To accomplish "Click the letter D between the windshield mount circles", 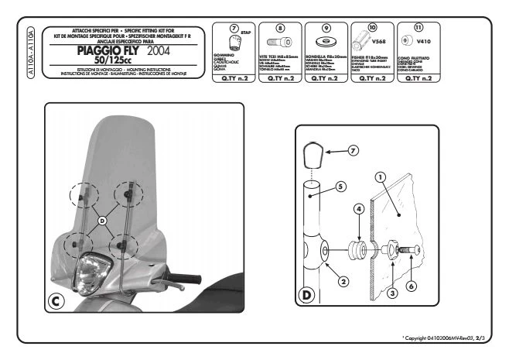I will click(103, 222).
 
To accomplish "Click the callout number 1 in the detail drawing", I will click(381, 177).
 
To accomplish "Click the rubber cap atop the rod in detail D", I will click(313, 156).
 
